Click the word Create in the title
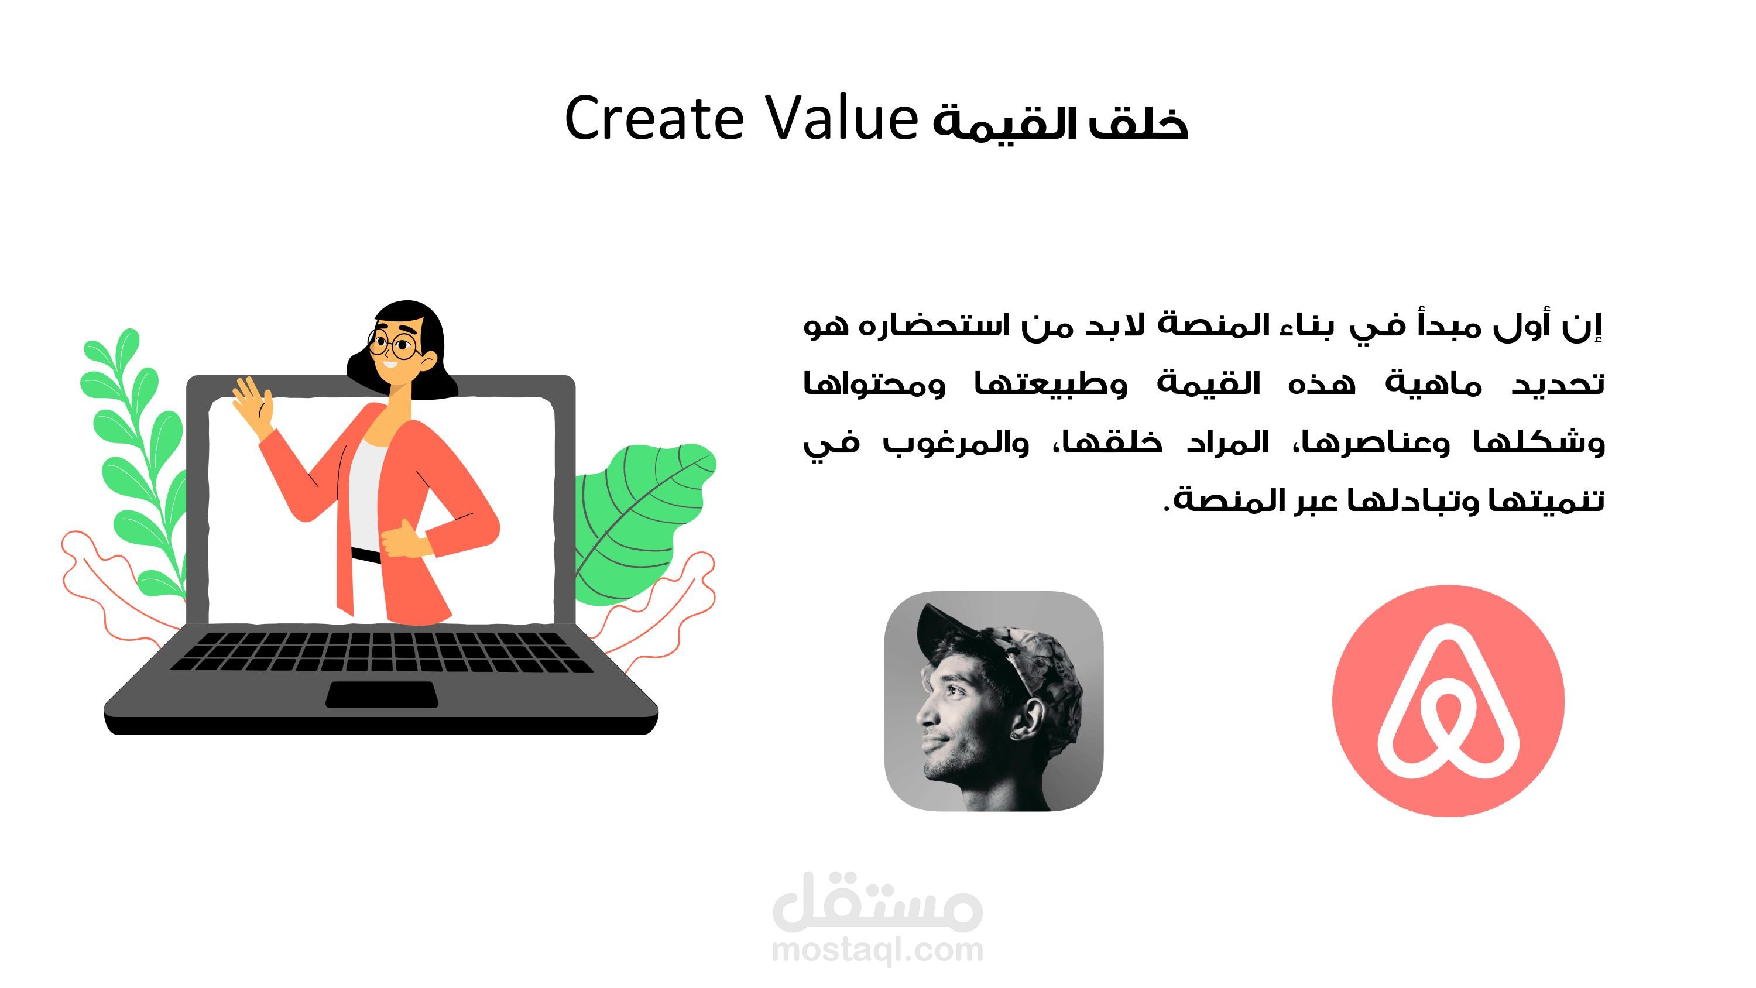654,119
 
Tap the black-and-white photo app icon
993,701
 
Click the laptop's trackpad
382,694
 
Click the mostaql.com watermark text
877,950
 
